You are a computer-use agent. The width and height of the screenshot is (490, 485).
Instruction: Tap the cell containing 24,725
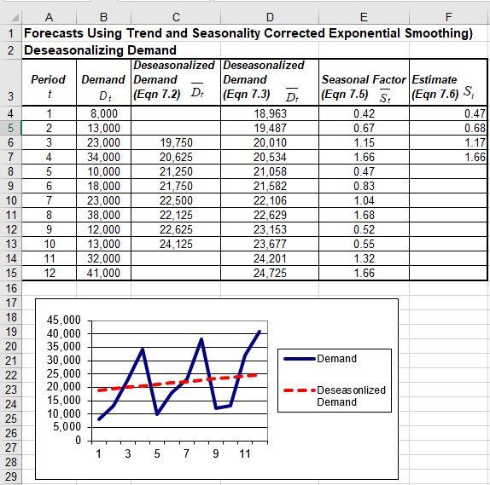pos(270,274)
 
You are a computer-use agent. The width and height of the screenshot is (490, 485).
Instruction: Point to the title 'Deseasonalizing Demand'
pos(100,50)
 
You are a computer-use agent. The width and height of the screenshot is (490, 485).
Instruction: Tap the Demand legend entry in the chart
pos(336,359)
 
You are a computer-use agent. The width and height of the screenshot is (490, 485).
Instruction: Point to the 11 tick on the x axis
pos(245,453)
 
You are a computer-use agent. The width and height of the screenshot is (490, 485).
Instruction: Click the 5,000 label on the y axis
pos(66,427)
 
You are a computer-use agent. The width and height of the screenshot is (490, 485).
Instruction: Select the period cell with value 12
pos(49,274)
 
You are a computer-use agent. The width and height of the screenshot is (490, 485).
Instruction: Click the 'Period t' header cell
pos(49,85)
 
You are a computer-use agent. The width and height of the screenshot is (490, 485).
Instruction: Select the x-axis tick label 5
pos(157,453)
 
